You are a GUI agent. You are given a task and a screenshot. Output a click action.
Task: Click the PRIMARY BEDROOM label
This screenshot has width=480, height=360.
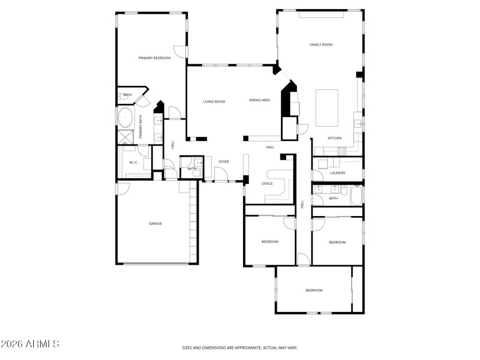click(154, 58)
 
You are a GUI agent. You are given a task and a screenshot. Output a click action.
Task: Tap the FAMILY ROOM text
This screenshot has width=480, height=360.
click(320, 45)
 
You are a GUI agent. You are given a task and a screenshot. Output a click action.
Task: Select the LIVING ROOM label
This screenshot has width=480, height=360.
click(214, 101)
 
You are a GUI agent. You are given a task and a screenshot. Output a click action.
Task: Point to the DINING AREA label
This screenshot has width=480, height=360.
click(259, 100)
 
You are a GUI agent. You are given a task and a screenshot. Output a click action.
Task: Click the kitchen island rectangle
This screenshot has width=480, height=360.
click(326, 107)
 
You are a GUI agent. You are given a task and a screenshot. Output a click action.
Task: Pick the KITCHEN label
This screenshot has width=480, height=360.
click(334, 139)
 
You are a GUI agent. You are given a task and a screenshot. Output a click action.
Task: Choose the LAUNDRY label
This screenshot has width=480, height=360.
click(337, 173)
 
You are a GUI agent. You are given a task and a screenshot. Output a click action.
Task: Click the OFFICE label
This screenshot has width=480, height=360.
click(267, 184)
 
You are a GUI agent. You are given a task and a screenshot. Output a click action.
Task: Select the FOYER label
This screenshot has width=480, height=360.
click(223, 161)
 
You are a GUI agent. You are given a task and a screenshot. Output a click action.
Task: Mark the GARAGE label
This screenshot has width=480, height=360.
click(155, 224)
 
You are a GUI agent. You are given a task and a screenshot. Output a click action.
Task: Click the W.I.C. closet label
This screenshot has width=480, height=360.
click(134, 163)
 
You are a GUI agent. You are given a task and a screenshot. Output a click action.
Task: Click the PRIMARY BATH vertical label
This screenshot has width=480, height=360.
click(141, 127)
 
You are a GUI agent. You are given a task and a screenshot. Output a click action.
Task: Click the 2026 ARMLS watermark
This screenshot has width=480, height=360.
click(29, 344)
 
